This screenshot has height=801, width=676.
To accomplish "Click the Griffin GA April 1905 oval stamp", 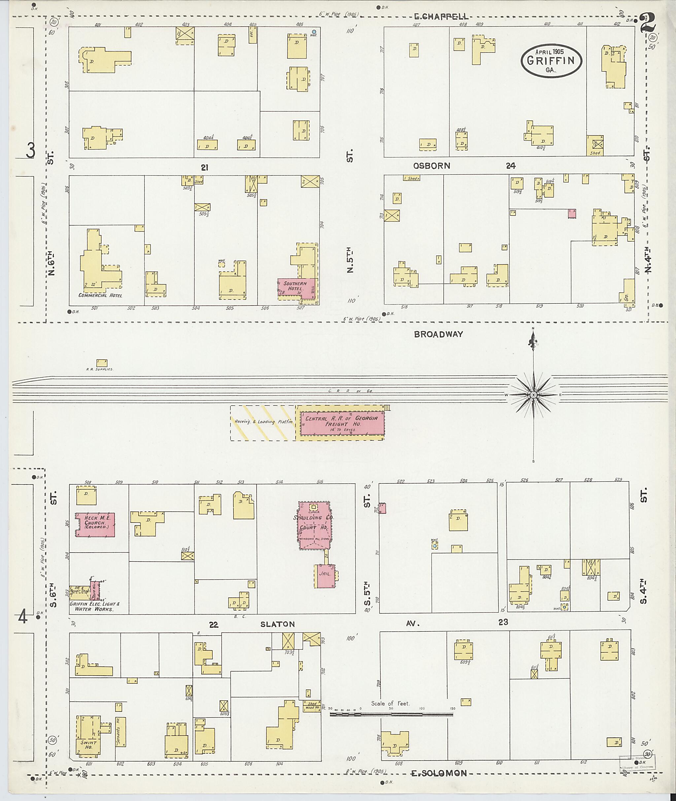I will click(551, 61).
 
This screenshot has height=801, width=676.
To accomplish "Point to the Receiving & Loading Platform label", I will click(263, 421).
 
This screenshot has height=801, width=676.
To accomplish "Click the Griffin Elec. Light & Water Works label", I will click(94, 606).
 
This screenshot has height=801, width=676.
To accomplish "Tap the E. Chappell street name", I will click(441, 16).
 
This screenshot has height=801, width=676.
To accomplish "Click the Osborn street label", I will click(431, 166).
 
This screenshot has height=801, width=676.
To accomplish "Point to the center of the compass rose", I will click(533, 395).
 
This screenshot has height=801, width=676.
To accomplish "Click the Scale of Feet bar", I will click(391, 714).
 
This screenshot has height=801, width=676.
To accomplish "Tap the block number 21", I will click(204, 167).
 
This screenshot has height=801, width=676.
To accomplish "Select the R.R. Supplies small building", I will click(102, 363).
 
